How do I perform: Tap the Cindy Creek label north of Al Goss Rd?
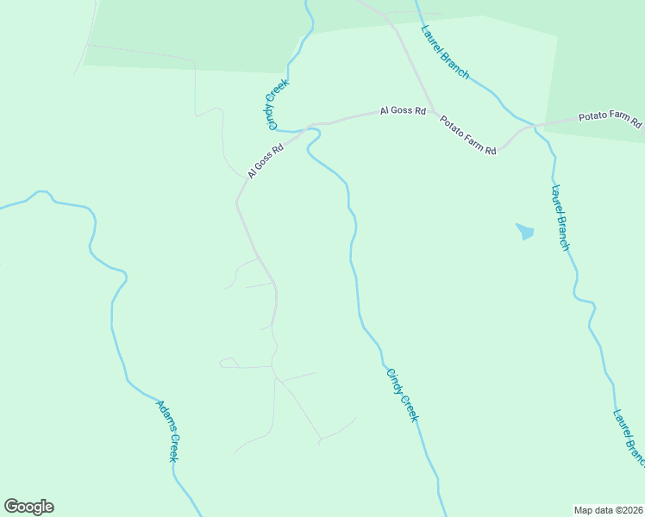pos(278,104)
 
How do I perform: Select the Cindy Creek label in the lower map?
pos(402,396)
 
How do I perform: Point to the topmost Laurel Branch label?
pos(445,52)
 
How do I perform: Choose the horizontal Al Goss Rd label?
pos(404,111)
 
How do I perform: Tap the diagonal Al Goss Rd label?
pos(266,160)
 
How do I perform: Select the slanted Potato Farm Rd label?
pos(468,135)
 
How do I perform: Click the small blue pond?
pos(524,231)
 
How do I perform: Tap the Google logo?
pos(28,507)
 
